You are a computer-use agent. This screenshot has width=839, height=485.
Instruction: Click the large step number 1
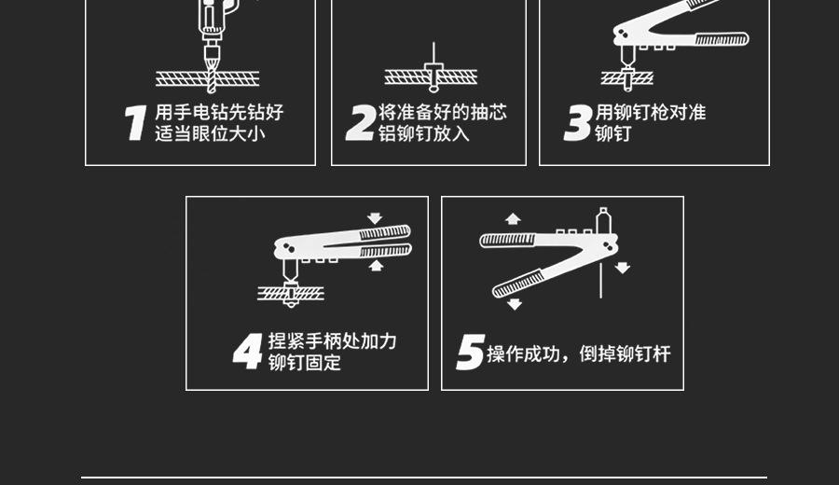[x=136, y=122]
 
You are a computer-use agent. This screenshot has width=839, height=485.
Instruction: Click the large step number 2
[x=360, y=122]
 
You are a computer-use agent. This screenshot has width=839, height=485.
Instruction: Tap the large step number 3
[x=578, y=122]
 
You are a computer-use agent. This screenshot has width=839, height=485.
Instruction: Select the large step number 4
[x=248, y=351]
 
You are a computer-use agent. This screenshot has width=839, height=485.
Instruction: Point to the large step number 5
[x=471, y=352]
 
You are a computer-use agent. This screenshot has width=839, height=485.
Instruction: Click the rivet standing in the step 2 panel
[x=433, y=65]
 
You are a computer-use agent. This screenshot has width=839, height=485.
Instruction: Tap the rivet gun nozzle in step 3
[x=627, y=56]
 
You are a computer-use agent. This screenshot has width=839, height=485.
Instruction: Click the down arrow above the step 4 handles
[x=375, y=218]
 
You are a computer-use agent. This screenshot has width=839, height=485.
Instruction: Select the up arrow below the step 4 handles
[x=377, y=266]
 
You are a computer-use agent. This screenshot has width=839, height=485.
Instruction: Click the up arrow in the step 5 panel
[x=513, y=218]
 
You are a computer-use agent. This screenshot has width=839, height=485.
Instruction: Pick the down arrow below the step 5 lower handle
[x=515, y=304]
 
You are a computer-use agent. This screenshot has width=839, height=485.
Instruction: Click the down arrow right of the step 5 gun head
[x=623, y=268]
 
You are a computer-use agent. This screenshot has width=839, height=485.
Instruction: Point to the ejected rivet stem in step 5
[x=601, y=279]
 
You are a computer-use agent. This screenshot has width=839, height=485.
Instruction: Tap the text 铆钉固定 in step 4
[x=305, y=363]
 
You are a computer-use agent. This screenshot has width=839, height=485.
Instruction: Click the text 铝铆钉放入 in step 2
[x=424, y=133]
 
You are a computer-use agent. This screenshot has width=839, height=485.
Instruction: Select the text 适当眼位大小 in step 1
[x=211, y=133]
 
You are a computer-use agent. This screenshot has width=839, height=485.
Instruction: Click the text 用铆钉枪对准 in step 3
[x=651, y=113]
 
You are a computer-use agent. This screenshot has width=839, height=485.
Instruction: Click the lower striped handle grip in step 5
[x=518, y=284]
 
